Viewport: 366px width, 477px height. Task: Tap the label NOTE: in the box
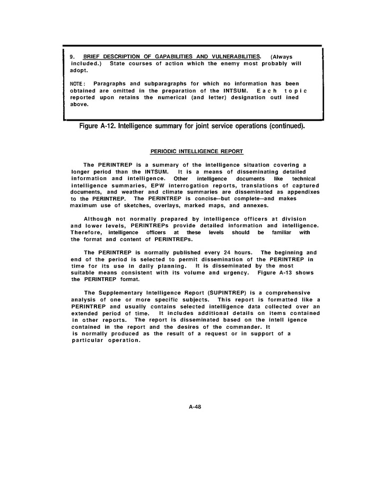78,83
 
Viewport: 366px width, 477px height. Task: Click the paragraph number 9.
73,56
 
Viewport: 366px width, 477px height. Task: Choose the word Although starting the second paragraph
100,219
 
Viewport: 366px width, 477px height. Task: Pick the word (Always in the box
281,56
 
